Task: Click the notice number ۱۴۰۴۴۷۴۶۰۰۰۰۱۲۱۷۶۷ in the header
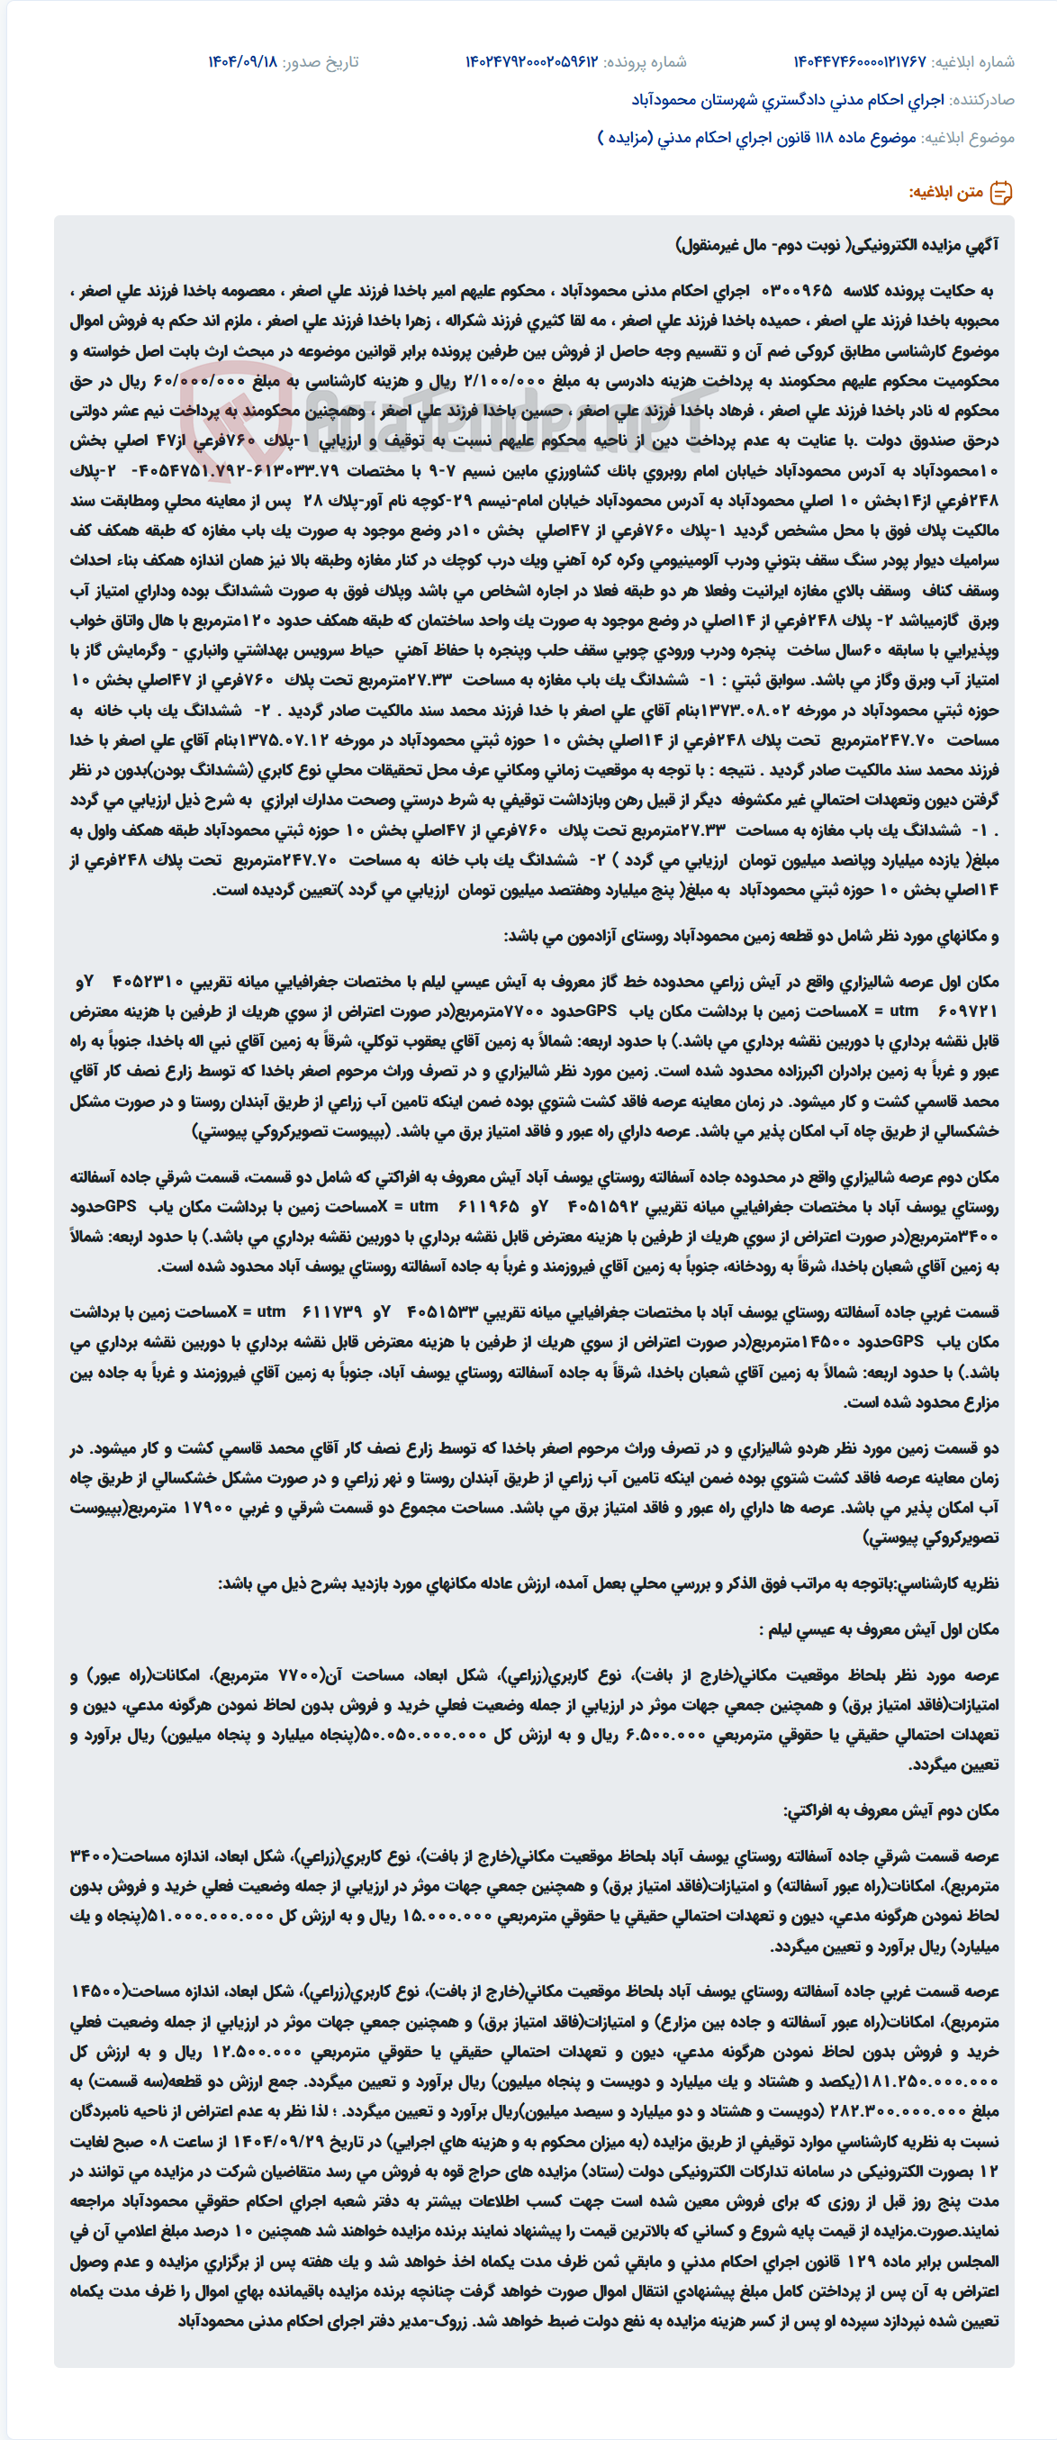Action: [x=859, y=62]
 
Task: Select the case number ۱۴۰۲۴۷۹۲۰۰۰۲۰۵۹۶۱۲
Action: [x=531, y=62]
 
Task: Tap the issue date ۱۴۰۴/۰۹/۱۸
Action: [x=242, y=62]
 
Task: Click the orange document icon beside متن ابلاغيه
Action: [x=1000, y=194]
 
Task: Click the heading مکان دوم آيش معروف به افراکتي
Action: [x=890, y=1810]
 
